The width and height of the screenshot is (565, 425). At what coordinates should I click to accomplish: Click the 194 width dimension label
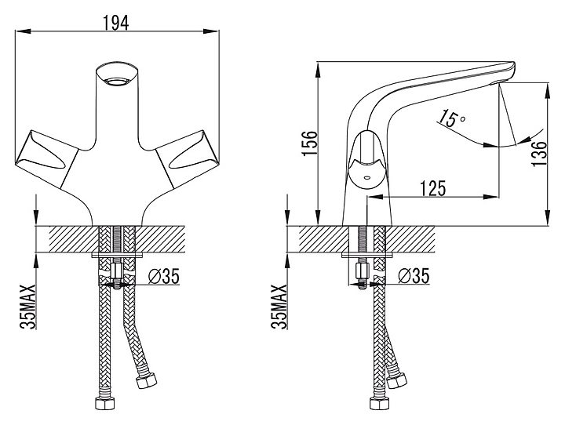116,24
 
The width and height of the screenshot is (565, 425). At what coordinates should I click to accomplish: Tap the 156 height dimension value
310,143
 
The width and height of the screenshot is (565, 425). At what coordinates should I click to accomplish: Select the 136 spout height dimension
538,154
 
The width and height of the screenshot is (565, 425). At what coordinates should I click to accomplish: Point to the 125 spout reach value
432,188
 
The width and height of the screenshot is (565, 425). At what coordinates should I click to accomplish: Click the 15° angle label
452,118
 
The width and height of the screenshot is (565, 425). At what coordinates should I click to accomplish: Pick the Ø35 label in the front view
164,276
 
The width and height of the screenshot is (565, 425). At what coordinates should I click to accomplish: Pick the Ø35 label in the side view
414,276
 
